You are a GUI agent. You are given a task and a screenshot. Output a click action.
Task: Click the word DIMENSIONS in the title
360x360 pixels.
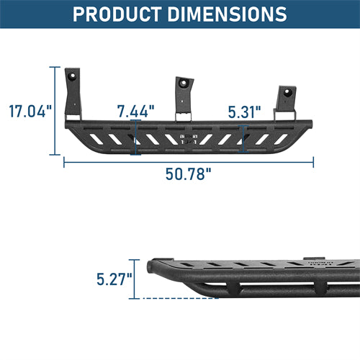[x=230, y=14]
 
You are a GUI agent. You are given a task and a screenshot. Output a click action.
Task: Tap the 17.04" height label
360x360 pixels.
[x=30, y=112]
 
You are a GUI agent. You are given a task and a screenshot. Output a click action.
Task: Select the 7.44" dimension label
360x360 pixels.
[x=137, y=111]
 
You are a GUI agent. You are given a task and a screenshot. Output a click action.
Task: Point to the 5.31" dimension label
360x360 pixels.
[x=245, y=112]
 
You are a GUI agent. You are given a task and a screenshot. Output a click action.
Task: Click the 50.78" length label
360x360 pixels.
[x=189, y=175]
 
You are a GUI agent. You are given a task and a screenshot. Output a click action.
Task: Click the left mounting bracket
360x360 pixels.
[x=73, y=94]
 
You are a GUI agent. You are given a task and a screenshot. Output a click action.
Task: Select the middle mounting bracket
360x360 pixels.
[x=184, y=97]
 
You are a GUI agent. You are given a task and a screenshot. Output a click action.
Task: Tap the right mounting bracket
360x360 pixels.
[x=286, y=101]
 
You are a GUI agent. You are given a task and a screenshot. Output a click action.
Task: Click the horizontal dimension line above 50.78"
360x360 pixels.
[x=189, y=161]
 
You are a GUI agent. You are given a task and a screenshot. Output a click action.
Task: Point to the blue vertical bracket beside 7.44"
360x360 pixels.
[x=134, y=138]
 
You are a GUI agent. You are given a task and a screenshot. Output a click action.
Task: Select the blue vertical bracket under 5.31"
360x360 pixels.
[x=243, y=138]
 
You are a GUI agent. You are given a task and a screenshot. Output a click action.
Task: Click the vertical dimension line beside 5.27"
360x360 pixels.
[x=137, y=279]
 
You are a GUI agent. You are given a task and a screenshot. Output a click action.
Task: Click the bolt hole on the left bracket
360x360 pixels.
[x=73, y=75]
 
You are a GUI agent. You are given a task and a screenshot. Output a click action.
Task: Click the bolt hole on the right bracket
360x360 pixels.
[x=287, y=91]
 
